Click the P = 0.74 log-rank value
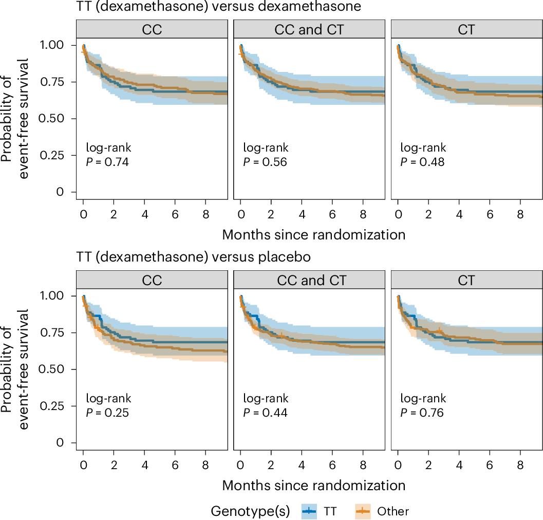pos(107,162)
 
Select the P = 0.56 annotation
pos(265,162)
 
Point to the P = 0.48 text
pos(422,162)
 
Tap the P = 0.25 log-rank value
pos(107,413)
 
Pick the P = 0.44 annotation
pos(265,413)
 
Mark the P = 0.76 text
pos(422,413)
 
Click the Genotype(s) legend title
pos(250,511)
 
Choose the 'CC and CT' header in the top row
pos(309,29)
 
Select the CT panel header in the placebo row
pos(466,280)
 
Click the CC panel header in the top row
pos(152,29)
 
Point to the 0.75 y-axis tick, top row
pos(59,82)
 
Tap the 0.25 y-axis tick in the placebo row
pos(59,406)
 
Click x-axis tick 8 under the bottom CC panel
pos(205,455)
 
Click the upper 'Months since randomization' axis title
pos(314,235)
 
